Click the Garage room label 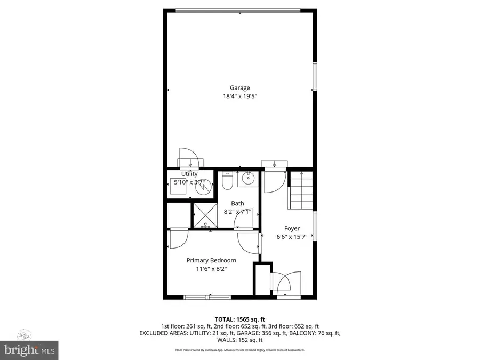click(240, 88)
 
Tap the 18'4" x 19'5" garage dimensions click(240, 97)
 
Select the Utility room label click(189, 174)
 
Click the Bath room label click(237, 203)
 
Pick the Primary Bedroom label click(211, 260)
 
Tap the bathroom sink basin click(247, 179)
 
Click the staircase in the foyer click(301, 190)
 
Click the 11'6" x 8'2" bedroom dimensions click(211, 269)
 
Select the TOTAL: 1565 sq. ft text click(240, 318)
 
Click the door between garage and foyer click(275, 177)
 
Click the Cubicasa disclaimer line click(240, 350)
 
